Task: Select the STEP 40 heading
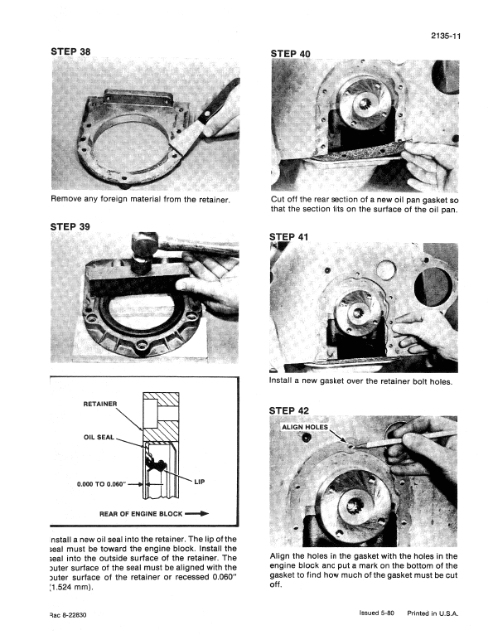(x=291, y=54)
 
